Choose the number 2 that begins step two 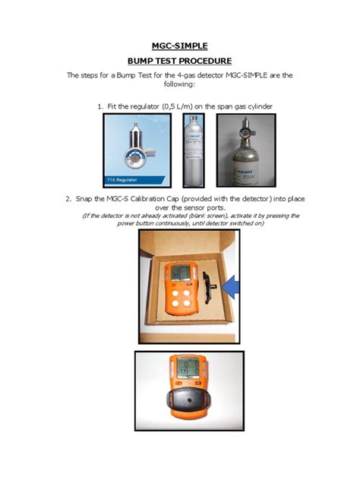[x=68, y=198]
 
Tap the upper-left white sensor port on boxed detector [x=175, y=292]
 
